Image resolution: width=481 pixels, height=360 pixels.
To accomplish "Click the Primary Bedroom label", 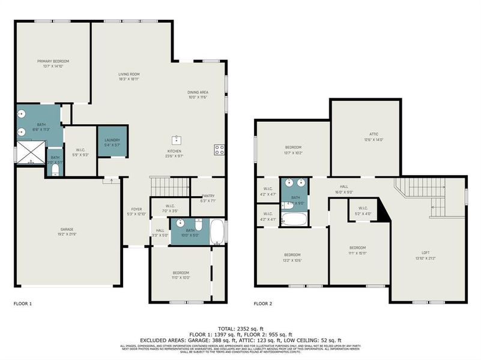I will [x=53, y=61].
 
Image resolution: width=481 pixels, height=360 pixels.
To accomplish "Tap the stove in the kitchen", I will [x=219, y=149].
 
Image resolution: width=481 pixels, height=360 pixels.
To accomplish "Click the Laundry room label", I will [x=112, y=140].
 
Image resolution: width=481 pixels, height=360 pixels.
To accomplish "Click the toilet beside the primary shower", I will [x=55, y=170].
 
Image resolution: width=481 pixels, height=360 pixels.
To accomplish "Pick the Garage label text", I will [x=67, y=229].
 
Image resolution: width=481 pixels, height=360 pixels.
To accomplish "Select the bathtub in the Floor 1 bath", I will [x=217, y=231].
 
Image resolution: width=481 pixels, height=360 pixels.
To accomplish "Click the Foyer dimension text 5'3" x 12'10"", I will [x=137, y=214].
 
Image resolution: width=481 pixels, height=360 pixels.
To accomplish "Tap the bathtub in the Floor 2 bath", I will [x=294, y=218].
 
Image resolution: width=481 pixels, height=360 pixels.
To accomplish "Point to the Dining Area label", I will [x=198, y=92].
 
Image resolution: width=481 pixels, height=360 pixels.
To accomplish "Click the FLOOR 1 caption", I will [x=23, y=304].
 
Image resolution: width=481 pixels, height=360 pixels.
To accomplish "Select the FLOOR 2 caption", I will [x=263, y=304].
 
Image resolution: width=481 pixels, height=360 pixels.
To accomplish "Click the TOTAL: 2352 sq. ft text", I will [x=240, y=329].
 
